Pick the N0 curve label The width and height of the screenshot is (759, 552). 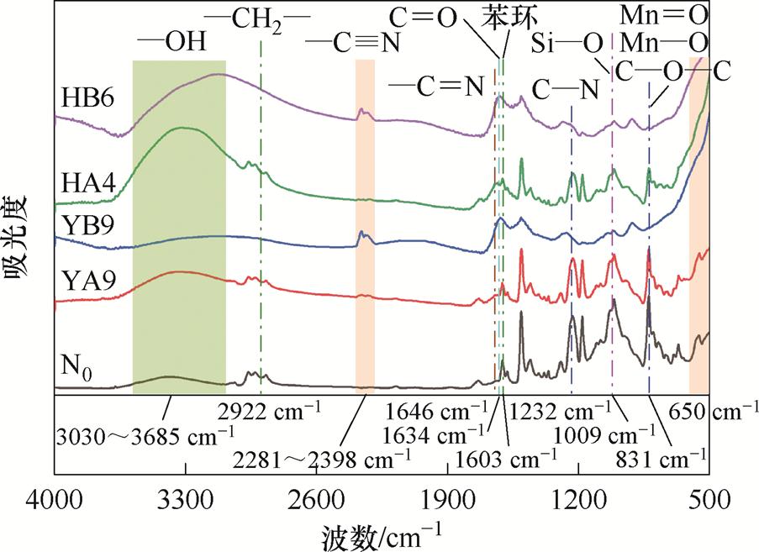coord(75,367)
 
